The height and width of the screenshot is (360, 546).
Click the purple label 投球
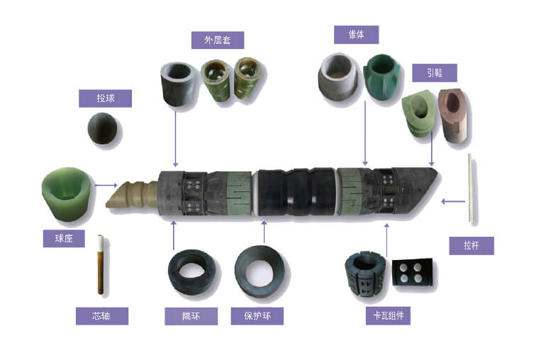pos(105,99)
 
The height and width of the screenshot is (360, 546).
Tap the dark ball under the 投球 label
pos(102,128)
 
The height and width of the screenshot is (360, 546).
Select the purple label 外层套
pos(218,40)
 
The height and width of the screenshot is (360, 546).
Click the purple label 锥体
pos(356,35)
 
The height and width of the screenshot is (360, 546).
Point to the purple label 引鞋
pos(435,73)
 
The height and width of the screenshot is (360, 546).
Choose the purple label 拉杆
pos(472,245)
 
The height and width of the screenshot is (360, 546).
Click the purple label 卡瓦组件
pos(388,316)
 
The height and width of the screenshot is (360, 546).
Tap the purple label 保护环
pos(257,316)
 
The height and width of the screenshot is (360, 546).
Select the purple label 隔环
pos(191,316)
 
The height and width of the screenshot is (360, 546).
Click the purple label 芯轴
pos(102,316)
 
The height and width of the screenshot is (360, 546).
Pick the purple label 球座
pos(64,239)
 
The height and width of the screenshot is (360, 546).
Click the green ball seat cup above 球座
pos(67,193)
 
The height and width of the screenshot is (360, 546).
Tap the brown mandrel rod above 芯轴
pos(101,264)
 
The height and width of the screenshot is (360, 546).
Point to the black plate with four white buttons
pos(413,272)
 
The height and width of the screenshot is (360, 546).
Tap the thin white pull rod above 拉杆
pos(470,187)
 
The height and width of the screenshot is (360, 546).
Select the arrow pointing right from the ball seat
pos(106,185)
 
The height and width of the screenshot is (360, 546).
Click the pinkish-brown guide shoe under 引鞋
pos(452,116)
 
